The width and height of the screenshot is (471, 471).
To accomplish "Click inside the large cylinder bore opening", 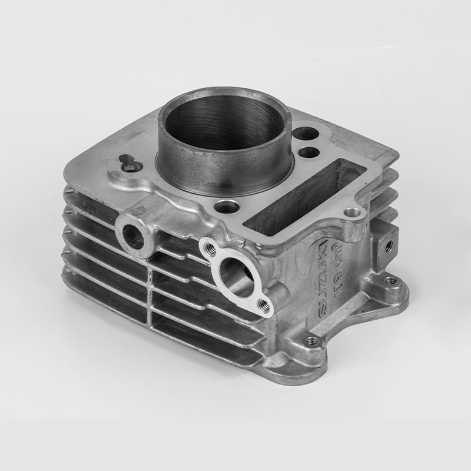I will pos(224,127).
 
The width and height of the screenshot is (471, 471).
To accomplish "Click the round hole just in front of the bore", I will pos(227,207).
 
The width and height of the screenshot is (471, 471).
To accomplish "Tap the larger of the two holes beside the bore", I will pos(306,134).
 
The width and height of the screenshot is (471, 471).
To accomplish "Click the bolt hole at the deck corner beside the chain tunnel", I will pos(353,213).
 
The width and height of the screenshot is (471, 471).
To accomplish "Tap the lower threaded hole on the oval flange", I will pos(264,304).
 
